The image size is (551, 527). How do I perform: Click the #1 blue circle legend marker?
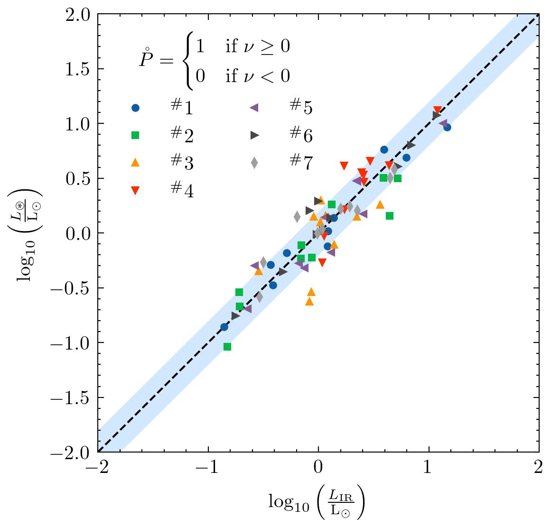tap(135, 108)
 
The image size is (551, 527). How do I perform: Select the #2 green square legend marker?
tap(135, 136)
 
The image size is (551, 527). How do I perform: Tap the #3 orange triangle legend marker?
tap(135, 163)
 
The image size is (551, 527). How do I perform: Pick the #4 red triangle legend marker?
tap(135, 190)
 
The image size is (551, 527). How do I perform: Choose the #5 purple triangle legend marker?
tap(254, 108)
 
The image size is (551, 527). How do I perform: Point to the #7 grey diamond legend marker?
tap(254, 163)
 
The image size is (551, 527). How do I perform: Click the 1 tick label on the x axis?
tap(429, 470)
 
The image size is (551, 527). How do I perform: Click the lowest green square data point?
tap(227, 347)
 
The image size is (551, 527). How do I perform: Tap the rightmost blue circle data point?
tap(447, 127)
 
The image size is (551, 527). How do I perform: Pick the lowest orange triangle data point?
tap(309, 301)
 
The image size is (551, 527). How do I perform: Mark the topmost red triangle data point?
tap(438, 110)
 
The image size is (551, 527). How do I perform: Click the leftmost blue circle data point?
tap(224, 327)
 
